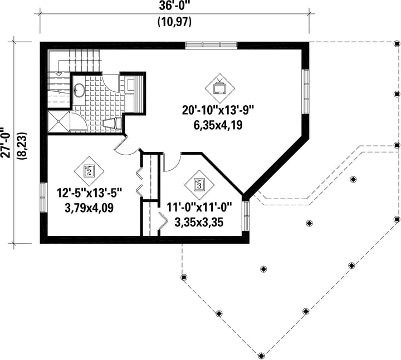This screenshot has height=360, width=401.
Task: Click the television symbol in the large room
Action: [219, 88]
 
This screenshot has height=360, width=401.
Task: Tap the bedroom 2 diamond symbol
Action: [89, 171]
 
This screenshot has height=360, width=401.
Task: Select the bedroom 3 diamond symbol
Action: [200, 185]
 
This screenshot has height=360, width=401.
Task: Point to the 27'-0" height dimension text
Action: [6, 142]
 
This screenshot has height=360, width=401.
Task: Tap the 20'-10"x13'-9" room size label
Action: [218, 110]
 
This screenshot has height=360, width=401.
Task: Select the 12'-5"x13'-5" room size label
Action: [89, 193]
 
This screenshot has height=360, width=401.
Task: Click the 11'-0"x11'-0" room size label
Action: [199, 207]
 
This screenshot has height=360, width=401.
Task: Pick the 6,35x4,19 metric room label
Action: [218, 125]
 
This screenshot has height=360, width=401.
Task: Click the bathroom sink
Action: [79, 90]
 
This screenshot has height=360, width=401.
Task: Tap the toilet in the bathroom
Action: [113, 124]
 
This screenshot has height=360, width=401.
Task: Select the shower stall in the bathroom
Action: [59, 121]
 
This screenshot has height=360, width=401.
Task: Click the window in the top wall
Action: [211, 45]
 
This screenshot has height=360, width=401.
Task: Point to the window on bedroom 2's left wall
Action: [44, 198]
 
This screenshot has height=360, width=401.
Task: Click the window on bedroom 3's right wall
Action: [246, 216]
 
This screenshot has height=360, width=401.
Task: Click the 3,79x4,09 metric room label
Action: [89, 208]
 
